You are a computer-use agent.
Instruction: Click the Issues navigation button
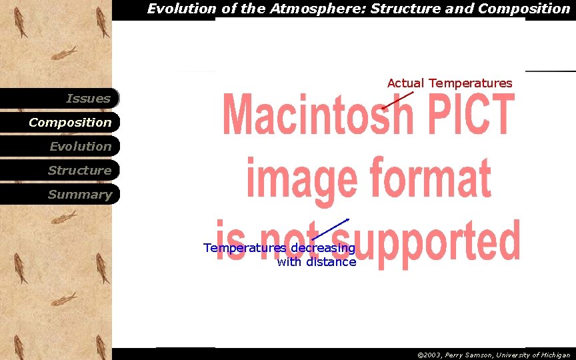click(x=60, y=99)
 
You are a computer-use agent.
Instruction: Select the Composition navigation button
click(x=60, y=123)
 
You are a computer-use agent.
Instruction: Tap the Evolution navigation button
click(x=60, y=147)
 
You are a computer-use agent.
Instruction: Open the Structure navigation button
click(x=60, y=171)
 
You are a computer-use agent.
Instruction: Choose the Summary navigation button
click(x=60, y=195)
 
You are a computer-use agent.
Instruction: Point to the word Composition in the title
click(x=523, y=9)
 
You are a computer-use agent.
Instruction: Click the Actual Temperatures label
click(x=449, y=83)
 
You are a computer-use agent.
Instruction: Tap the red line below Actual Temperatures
click(x=397, y=100)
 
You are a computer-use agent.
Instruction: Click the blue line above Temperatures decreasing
click(x=331, y=229)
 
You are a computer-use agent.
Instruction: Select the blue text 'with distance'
click(x=316, y=262)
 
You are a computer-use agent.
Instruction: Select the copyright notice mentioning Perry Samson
click(x=493, y=355)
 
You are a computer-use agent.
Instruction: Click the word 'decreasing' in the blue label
click(x=322, y=249)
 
